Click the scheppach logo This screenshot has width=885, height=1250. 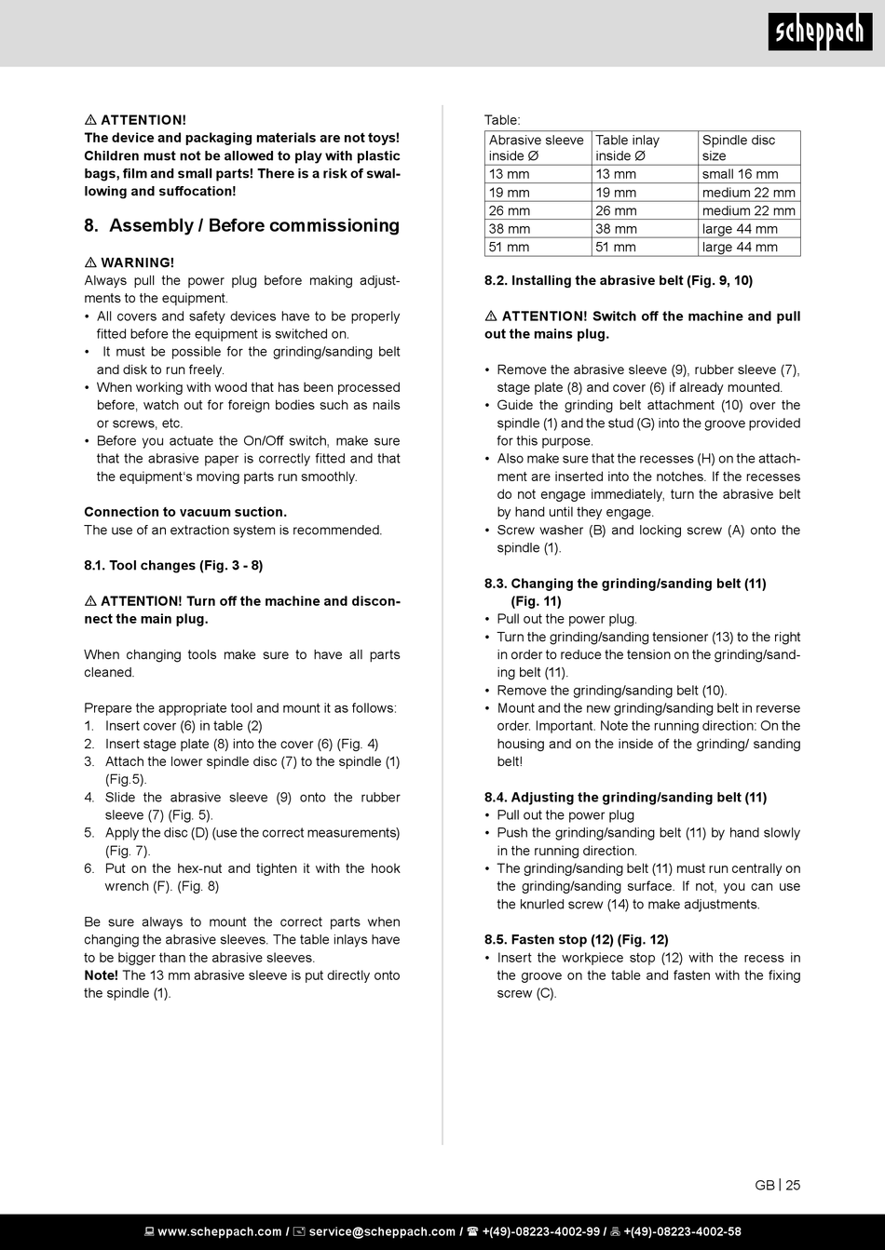820,33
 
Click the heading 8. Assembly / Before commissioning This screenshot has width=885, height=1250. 241,225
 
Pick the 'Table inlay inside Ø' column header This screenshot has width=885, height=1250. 627,148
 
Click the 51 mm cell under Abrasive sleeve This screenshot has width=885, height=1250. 509,247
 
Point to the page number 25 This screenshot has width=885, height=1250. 793,1185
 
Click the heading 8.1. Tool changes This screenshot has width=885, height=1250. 173,565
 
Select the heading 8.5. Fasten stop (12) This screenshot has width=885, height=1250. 576,939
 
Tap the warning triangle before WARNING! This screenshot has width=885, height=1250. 90,262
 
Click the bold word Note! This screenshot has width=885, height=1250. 101,975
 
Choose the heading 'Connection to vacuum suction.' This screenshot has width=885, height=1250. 185,511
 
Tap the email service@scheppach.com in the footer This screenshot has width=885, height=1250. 382,1231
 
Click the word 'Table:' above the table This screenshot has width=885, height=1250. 502,120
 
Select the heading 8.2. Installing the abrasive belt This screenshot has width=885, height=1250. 619,280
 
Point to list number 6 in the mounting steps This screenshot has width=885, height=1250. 89,868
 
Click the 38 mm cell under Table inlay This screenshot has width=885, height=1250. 616,229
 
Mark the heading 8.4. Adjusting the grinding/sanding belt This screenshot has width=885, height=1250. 625,797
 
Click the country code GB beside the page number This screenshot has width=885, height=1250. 765,1185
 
